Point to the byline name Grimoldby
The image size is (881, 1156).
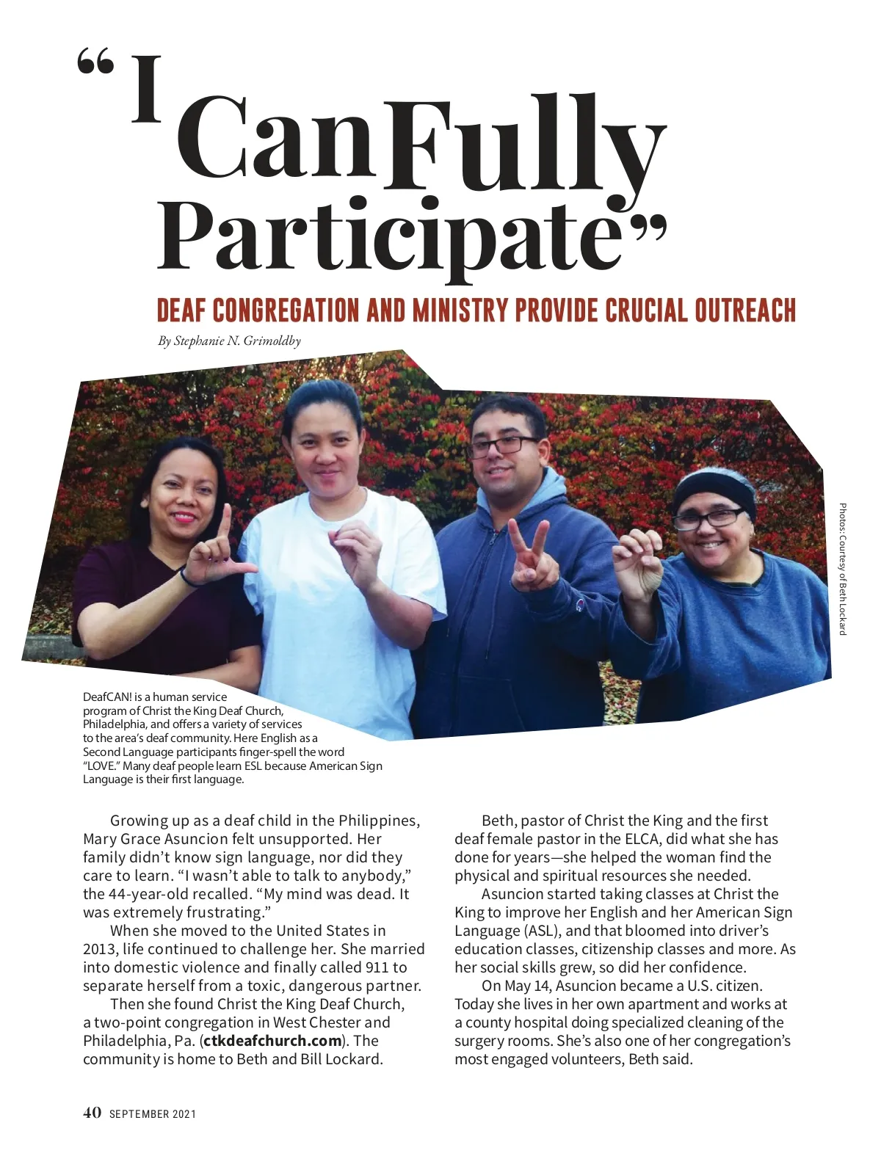coord(272,341)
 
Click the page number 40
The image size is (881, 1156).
coord(92,1113)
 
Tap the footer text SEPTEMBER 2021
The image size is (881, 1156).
coord(153,1114)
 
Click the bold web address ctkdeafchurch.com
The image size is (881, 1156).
coord(272,1041)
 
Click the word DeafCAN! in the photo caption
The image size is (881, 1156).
coord(107,697)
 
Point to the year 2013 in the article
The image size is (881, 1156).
coord(99,949)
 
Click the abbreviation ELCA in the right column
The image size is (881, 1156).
coord(645,839)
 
